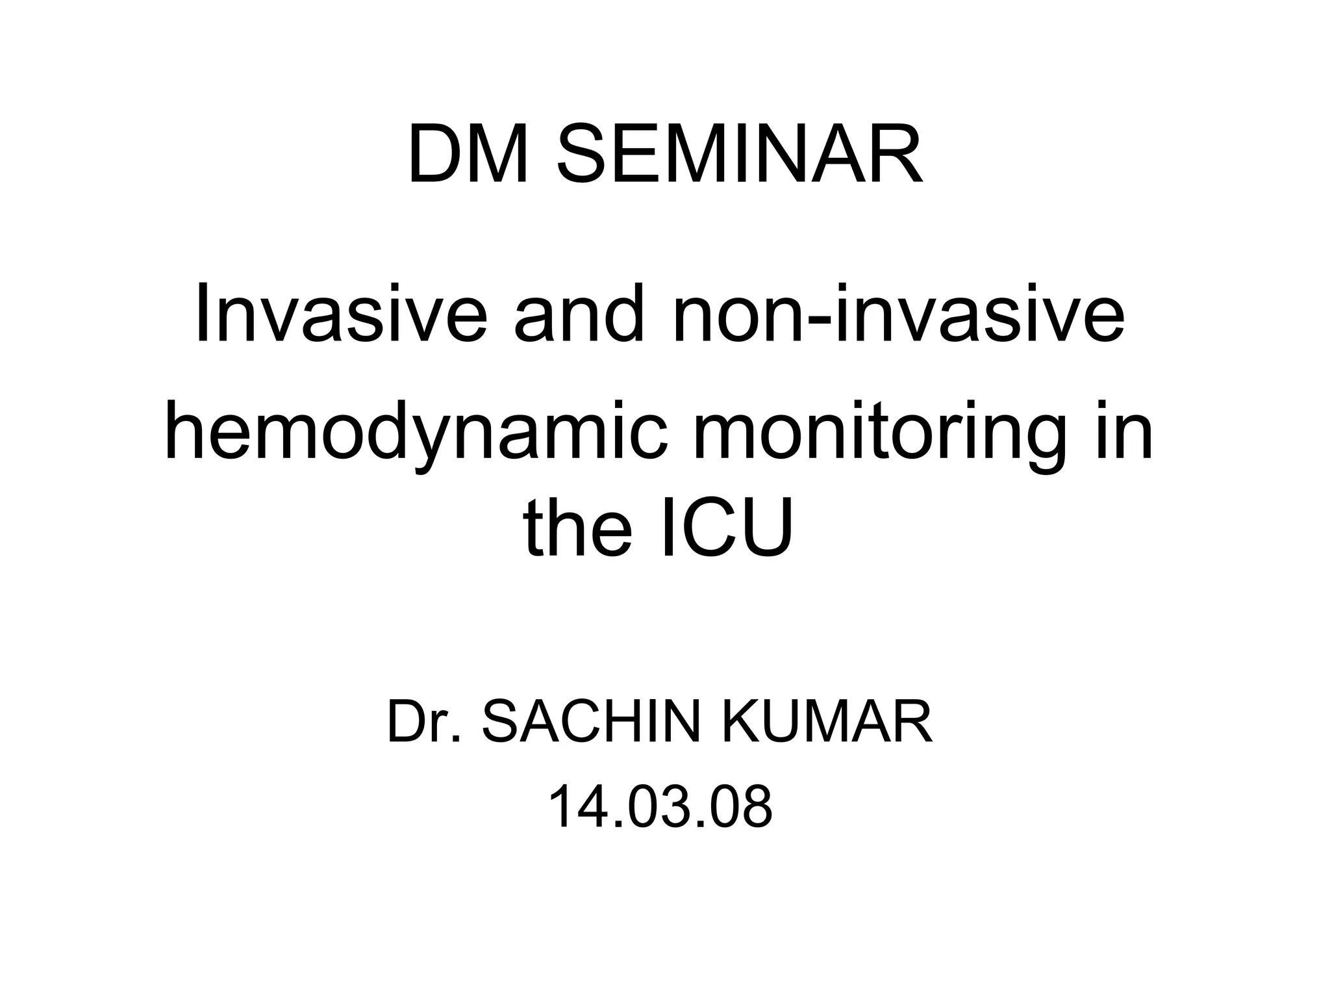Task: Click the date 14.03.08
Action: pyautogui.click(x=660, y=807)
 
